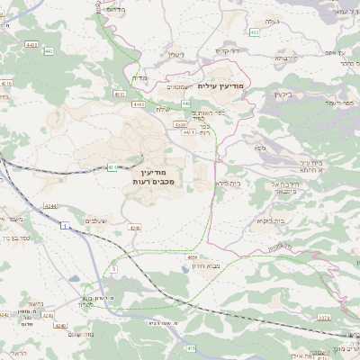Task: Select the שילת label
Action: tap(163, 110)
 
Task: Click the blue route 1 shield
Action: tap(65, 225)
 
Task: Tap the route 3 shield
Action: tap(113, 268)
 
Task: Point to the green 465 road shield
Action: tap(255, 32)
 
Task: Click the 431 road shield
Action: tap(112, 166)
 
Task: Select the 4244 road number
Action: tap(51, 205)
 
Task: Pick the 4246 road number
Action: tap(136, 228)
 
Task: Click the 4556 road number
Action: tap(192, 257)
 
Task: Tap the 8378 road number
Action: tap(325, 318)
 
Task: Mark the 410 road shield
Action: tap(190, 347)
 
